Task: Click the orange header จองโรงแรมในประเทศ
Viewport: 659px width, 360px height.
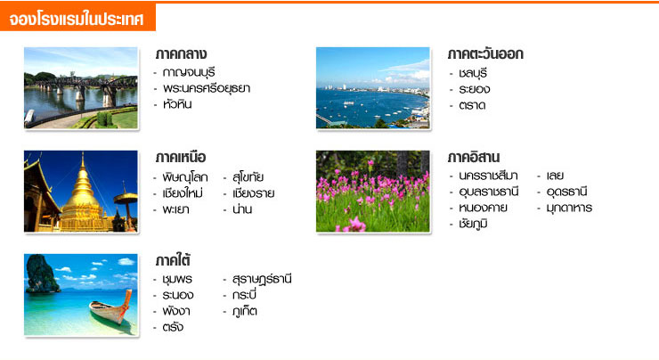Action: [x=77, y=19]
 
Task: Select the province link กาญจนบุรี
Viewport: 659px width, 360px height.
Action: [x=189, y=73]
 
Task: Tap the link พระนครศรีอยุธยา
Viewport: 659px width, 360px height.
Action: [x=207, y=88]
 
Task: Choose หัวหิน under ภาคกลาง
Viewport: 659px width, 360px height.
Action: [x=177, y=104]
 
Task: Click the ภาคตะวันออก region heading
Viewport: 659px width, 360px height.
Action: [x=485, y=53]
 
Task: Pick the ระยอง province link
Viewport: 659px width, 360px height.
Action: [x=474, y=89]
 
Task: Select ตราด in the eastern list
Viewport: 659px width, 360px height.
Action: [x=472, y=105]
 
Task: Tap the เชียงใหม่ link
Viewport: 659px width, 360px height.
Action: [x=183, y=193]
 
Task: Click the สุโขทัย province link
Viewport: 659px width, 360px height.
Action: [x=248, y=177]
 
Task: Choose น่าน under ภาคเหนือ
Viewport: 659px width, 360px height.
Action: [x=242, y=209]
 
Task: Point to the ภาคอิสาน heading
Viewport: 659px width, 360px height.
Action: [x=473, y=158]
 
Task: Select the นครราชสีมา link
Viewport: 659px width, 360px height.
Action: [x=488, y=176]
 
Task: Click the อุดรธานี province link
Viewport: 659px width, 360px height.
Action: [x=566, y=192]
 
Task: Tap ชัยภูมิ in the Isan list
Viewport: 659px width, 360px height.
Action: [x=473, y=224]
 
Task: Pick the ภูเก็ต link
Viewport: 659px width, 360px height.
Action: [x=245, y=311]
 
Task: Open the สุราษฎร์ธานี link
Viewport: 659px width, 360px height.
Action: [x=262, y=279]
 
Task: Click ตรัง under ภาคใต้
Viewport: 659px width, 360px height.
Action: [x=173, y=327]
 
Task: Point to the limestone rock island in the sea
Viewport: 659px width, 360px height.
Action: [x=41, y=274]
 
